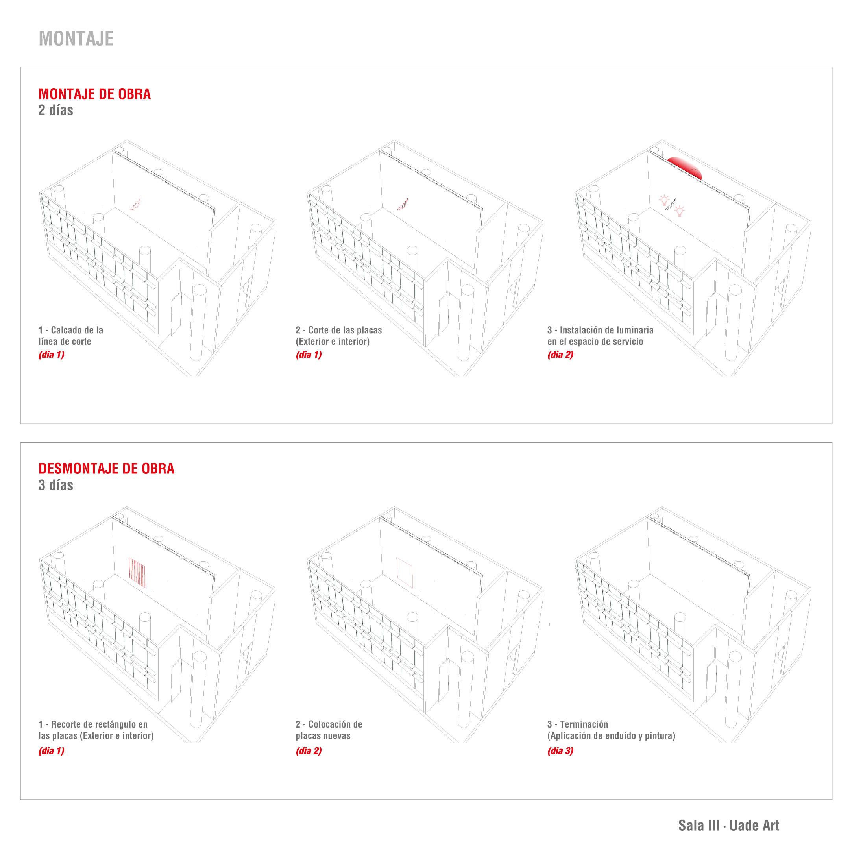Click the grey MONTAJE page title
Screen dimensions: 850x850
[x=76, y=39]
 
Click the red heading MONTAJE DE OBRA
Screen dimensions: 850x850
[x=94, y=94]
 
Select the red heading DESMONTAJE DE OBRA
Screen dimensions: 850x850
[x=107, y=469]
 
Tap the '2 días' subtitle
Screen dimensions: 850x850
[x=56, y=110]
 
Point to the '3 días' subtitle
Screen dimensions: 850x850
[x=56, y=485]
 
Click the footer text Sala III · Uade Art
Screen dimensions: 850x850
[x=728, y=825]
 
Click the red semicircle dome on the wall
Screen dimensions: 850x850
[x=685, y=167]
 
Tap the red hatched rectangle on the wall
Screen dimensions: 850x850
[x=137, y=573]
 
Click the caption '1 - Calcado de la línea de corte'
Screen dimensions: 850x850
[x=71, y=336]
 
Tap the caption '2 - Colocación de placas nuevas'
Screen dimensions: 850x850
[x=329, y=730]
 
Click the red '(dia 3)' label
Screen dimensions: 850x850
[x=560, y=751]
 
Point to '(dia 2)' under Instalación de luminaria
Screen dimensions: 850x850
[x=560, y=355]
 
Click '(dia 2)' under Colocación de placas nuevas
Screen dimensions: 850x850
[x=309, y=751]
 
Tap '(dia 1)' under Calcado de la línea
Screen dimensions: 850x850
[x=52, y=355]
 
